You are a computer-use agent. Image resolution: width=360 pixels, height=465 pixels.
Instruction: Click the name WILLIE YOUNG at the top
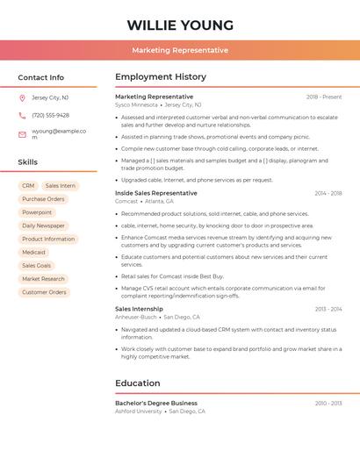tap(180, 25)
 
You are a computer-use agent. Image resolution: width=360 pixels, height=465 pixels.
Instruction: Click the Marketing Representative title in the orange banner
tap(180, 50)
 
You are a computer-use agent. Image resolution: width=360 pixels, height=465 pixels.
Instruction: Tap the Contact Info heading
tap(40, 77)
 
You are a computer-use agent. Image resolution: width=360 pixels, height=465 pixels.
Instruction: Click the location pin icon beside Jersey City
tap(22, 97)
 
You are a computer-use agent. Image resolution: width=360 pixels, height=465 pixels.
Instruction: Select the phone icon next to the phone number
tap(22, 115)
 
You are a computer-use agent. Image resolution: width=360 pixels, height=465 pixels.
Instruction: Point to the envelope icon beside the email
tap(22, 134)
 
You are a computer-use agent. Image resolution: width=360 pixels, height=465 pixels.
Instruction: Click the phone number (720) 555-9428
tap(50, 115)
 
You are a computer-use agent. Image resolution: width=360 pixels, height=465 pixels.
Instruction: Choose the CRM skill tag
tap(28, 186)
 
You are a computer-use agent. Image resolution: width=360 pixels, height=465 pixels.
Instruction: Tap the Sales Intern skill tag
tap(61, 186)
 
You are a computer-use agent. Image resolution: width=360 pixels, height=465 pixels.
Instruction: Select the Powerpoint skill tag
tap(37, 212)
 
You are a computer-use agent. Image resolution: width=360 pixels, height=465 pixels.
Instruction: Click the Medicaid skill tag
tap(33, 252)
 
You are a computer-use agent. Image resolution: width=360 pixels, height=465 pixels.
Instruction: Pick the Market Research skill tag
tap(43, 279)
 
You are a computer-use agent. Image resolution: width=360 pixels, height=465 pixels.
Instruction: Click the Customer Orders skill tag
tap(44, 292)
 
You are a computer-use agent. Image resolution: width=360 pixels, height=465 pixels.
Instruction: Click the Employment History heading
tap(161, 77)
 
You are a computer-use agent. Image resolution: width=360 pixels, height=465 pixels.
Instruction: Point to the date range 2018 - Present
tap(324, 97)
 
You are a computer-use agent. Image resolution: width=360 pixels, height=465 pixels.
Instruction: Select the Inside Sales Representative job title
tap(156, 193)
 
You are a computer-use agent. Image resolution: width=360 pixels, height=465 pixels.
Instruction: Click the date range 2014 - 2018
tap(328, 193)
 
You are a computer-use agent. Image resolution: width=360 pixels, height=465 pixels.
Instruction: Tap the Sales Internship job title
tap(139, 309)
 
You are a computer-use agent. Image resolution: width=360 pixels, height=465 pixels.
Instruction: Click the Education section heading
tap(138, 383)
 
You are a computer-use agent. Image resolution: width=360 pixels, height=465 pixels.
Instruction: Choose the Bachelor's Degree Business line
tap(156, 403)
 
